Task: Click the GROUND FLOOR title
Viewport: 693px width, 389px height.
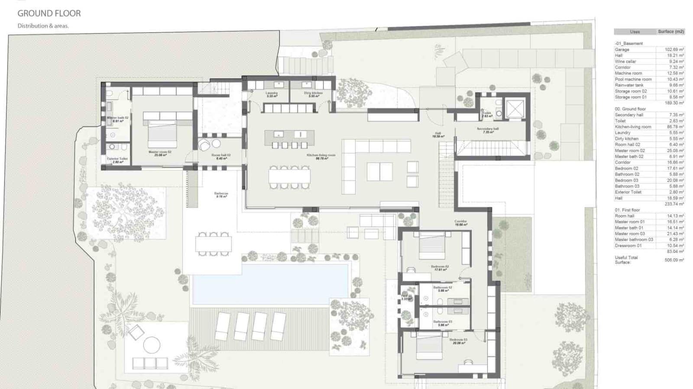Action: click(49, 13)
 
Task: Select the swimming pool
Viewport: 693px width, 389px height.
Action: click(271, 284)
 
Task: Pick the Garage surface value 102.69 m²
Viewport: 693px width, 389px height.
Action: click(674, 50)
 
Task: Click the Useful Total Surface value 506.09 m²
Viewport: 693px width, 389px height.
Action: click(674, 260)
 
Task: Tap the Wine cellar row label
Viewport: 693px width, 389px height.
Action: click(625, 61)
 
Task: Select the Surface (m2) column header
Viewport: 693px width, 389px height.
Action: click(670, 32)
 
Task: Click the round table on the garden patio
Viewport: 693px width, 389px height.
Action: click(152, 345)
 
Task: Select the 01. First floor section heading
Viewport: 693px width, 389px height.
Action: click(627, 210)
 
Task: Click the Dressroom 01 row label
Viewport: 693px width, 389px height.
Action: click(628, 245)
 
